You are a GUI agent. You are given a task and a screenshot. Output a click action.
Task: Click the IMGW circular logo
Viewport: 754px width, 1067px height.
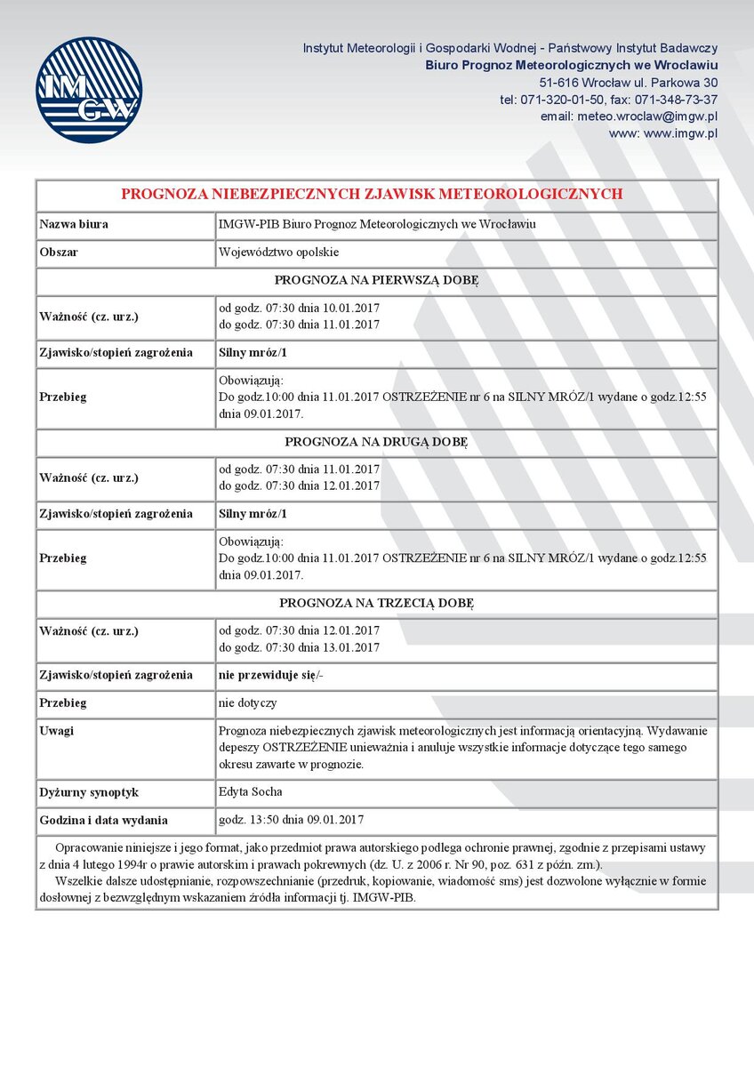tap(89, 90)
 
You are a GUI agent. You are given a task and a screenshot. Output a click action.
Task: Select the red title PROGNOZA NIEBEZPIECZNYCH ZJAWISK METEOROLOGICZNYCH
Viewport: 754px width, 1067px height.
tap(372, 194)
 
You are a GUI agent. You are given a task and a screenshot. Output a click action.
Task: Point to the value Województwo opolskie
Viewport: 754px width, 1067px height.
tap(279, 253)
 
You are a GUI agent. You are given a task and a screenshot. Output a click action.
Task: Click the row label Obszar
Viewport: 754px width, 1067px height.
tap(59, 253)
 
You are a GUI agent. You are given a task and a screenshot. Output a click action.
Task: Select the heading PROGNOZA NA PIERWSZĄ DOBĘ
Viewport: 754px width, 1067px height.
tap(376, 281)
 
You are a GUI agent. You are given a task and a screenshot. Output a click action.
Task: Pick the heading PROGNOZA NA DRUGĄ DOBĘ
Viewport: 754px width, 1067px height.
tap(376, 442)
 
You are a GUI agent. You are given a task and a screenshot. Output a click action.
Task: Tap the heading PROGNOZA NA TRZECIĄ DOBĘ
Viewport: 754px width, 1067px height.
tap(376, 603)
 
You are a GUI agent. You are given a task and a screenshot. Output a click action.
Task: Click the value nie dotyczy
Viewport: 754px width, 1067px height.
tap(247, 702)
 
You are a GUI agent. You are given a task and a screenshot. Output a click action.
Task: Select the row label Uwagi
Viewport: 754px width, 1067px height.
tap(57, 731)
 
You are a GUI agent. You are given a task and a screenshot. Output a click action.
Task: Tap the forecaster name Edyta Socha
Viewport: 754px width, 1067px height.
tap(251, 791)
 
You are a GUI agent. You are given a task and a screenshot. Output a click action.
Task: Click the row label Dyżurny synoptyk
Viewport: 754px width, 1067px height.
tap(89, 792)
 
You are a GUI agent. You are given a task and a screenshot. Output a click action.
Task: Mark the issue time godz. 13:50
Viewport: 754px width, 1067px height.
tap(251, 820)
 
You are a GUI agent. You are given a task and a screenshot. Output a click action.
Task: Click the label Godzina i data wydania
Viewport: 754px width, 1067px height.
tap(104, 821)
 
